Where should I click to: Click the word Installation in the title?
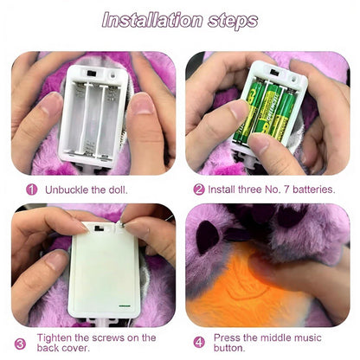[148, 19]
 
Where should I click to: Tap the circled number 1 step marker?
[31, 188]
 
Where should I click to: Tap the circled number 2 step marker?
[199, 188]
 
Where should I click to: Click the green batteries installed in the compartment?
[265, 112]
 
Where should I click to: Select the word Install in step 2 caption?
[226, 188]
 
